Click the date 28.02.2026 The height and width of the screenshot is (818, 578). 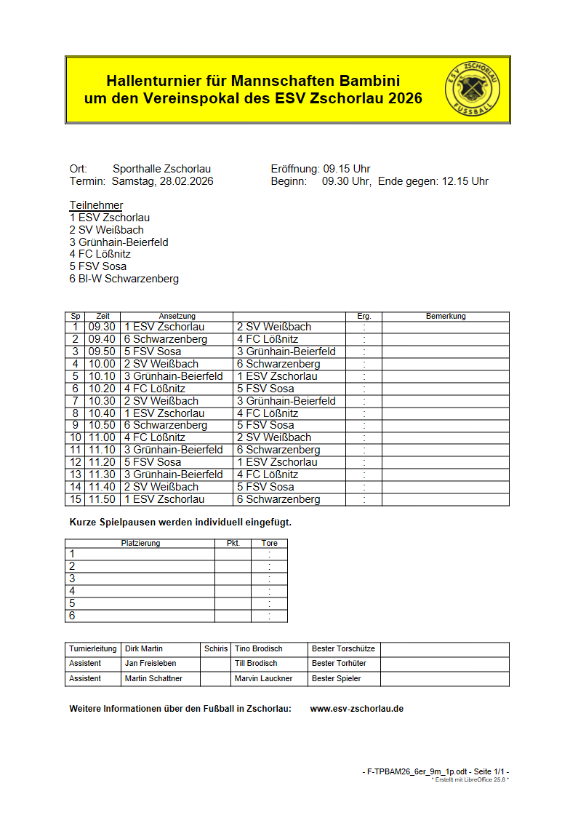click(x=187, y=181)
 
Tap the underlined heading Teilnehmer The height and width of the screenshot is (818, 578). click(x=96, y=205)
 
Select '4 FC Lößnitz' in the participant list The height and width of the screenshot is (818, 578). click(x=100, y=254)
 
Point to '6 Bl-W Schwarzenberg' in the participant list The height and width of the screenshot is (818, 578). click(x=124, y=279)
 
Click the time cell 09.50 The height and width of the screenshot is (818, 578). click(x=102, y=352)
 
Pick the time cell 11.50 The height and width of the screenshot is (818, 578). click(x=102, y=499)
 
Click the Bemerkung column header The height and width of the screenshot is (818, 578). click(x=445, y=317)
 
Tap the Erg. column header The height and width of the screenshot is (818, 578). click(x=364, y=317)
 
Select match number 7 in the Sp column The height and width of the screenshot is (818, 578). click(x=75, y=401)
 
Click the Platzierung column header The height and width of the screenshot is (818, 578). click(x=140, y=543)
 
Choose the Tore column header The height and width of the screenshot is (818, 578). click(x=269, y=543)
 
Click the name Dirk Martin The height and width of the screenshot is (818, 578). click(x=144, y=648)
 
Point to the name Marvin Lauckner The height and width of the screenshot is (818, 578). click(x=263, y=678)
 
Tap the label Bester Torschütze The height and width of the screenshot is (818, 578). click(x=343, y=648)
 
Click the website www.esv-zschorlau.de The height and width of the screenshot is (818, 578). click(x=356, y=708)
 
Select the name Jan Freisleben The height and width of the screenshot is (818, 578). click(x=150, y=663)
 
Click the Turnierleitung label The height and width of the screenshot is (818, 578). click(x=92, y=648)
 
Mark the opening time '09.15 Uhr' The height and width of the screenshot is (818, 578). click(x=347, y=169)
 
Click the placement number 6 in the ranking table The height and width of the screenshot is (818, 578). click(x=72, y=616)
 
